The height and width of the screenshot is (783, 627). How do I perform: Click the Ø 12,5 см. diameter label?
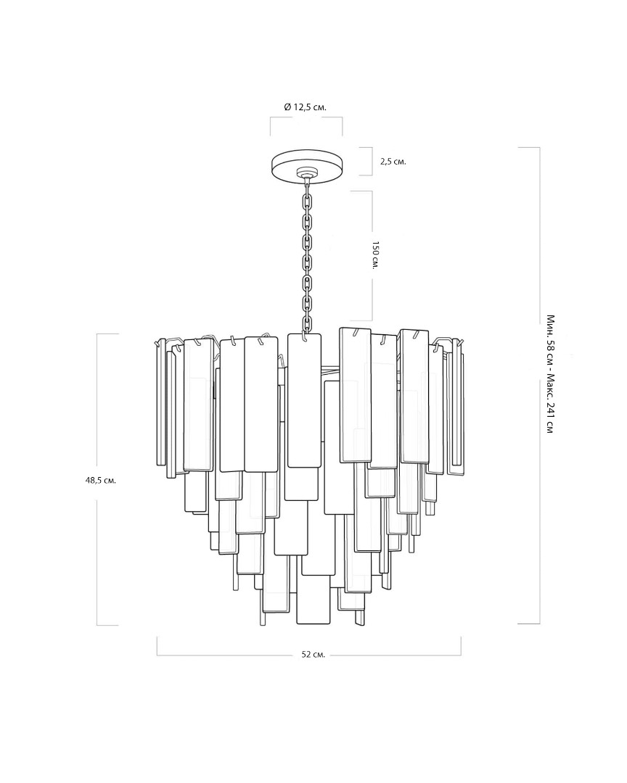point(305,107)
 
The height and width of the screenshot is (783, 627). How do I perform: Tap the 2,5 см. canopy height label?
point(393,161)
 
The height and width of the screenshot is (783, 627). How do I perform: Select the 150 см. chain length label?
point(375,256)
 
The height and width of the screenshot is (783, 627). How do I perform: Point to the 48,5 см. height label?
point(101,481)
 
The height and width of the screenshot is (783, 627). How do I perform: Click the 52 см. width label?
point(313,655)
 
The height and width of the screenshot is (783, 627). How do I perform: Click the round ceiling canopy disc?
point(307,165)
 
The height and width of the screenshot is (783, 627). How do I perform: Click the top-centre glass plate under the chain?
point(305,400)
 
